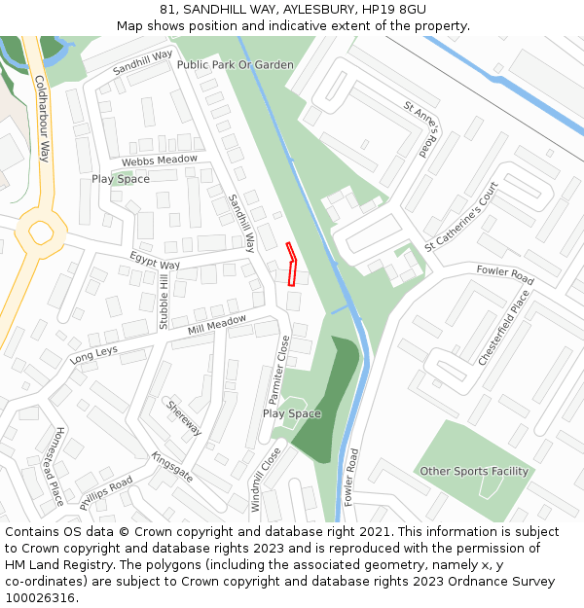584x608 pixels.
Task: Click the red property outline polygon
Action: click(x=292, y=264)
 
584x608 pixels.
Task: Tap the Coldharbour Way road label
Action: click(x=43, y=119)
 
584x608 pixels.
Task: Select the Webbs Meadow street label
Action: click(x=159, y=160)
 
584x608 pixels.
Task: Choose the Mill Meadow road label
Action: click(x=217, y=325)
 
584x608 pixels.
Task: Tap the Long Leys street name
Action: click(x=93, y=355)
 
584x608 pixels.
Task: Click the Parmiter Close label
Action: click(x=278, y=371)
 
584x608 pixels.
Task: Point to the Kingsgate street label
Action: click(x=171, y=467)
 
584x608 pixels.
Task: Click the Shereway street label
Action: click(x=184, y=417)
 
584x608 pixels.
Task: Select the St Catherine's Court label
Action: click(x=461, y=216)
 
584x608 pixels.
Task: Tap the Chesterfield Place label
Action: click(x=504, y=327)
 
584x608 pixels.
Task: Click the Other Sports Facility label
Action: click(x=474, y=472)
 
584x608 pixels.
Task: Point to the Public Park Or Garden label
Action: click(x=236, y=65)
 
